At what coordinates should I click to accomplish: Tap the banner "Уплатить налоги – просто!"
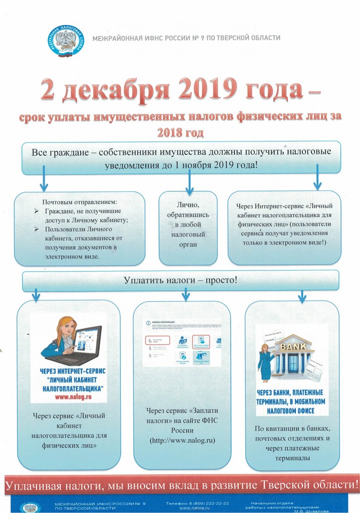coord(181,281)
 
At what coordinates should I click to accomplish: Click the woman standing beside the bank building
coord(265,361)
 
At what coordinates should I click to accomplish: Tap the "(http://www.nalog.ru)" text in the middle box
coord(182,440)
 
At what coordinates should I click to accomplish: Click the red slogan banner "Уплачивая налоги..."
coord(180,485)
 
